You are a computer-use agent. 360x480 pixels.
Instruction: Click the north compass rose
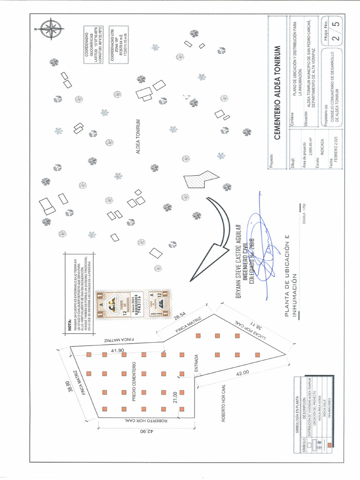(51, 28)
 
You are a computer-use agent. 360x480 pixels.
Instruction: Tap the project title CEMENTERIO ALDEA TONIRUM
(277, 93)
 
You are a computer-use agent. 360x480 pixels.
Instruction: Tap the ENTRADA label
(196, 364)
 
